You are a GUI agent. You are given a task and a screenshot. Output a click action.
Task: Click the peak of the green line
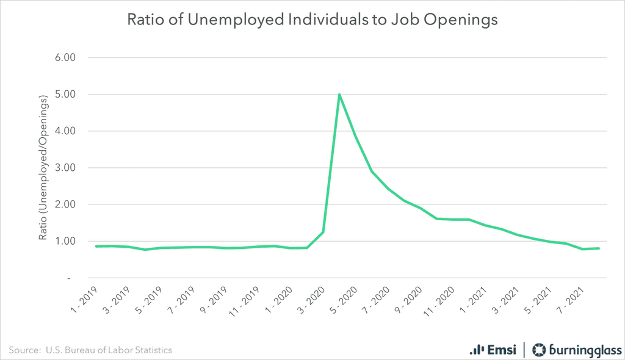(x=339, y=95)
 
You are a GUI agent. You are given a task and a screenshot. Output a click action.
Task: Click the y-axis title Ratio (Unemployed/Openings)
(x=43, y=167)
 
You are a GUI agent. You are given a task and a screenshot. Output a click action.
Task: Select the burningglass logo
(x=574, y=350)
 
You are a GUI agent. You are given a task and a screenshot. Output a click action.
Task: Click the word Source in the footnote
(x=23, y=350)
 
